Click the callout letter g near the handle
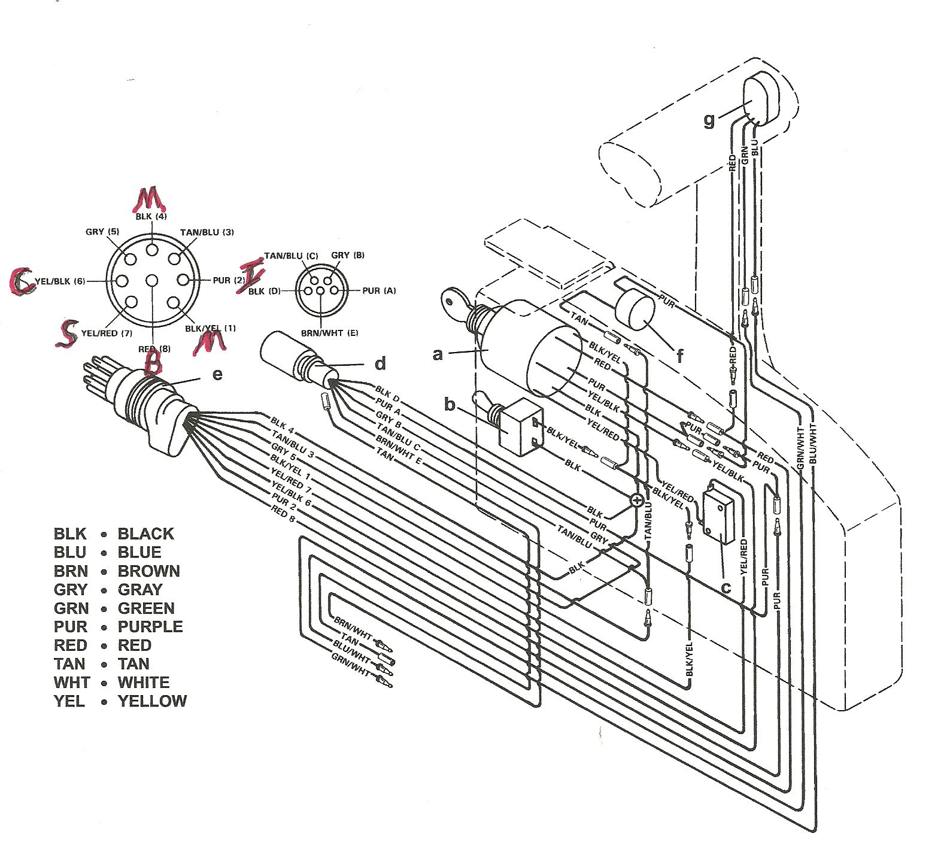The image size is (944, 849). pos(709,120)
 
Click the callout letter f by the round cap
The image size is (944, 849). pos(679,356)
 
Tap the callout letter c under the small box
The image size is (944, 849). pos(726,588)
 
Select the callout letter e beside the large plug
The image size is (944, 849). pos(217,374)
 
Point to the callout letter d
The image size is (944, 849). pos(380,363)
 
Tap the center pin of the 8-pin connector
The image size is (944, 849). pos(152,281)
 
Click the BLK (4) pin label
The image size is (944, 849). pos(151,216)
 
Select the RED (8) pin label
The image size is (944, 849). pos(154,349)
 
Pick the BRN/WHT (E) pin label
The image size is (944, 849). pos(329,332)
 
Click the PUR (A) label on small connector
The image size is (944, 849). pos(379,291)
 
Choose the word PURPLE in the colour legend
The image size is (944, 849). pos(150,627)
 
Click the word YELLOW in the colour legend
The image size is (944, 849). pos(152,701)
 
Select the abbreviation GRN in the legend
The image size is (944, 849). pos(71,608)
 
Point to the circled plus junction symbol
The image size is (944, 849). pos(637,500)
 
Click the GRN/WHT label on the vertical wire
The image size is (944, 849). pos(800,447)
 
